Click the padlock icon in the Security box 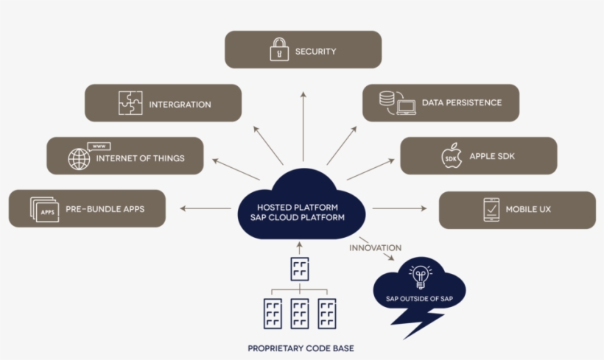[279, 49]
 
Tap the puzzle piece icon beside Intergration [130, 103]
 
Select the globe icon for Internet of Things [79, 158]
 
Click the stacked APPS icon [45, 210]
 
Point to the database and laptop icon [398, 103]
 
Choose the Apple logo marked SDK [452, 155]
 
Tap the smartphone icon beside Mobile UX [491, 210]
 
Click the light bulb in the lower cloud [421, 277]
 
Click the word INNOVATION [375, 248]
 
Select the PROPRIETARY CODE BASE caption [301, 348]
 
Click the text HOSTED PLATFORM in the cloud [298, 208]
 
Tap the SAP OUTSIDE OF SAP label [420, 299]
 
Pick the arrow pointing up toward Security [303, 127]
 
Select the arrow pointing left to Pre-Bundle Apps [206, 208]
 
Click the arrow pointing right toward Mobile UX [399, 208]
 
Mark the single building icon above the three [300, 269]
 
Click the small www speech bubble [99, 147]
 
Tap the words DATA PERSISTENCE [462, 103]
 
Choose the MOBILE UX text [528, 210]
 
